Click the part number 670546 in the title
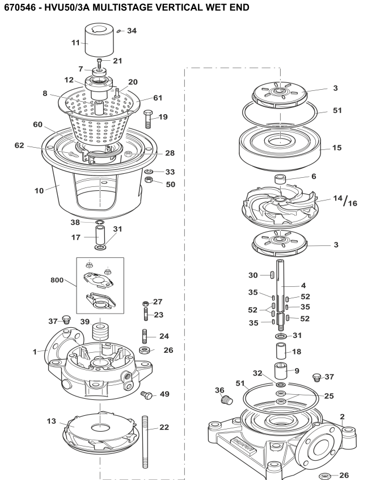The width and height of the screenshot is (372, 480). pyautogui.click(x=21, y=7)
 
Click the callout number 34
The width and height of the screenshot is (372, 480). pyautogui.click(x=132, y=31)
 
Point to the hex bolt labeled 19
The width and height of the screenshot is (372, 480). pyautogui.click(x=148, y=119)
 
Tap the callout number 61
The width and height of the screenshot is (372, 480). pyautogui.click(x=158, y=98)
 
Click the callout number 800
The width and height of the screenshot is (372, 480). pyautogui.click(x=57, y=280)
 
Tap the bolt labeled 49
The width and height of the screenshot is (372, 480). pyautogui.click(x=147, y=395)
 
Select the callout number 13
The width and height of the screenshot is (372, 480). pyautogui.click(x=52, y=421)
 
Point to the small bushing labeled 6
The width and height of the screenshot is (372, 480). pyautogui.click(x=280, y=179)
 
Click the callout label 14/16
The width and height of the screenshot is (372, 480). pyautogui.click(x=345, y=201)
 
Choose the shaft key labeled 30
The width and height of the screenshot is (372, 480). pyautogui.click(x=271, y=274)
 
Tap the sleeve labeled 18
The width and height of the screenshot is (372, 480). pyautogui.click(x=281, y=351)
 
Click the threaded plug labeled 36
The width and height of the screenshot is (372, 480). pyautogui.click(x=227, y=400)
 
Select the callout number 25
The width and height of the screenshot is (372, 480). pyautogui.click(x=329, y=396)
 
